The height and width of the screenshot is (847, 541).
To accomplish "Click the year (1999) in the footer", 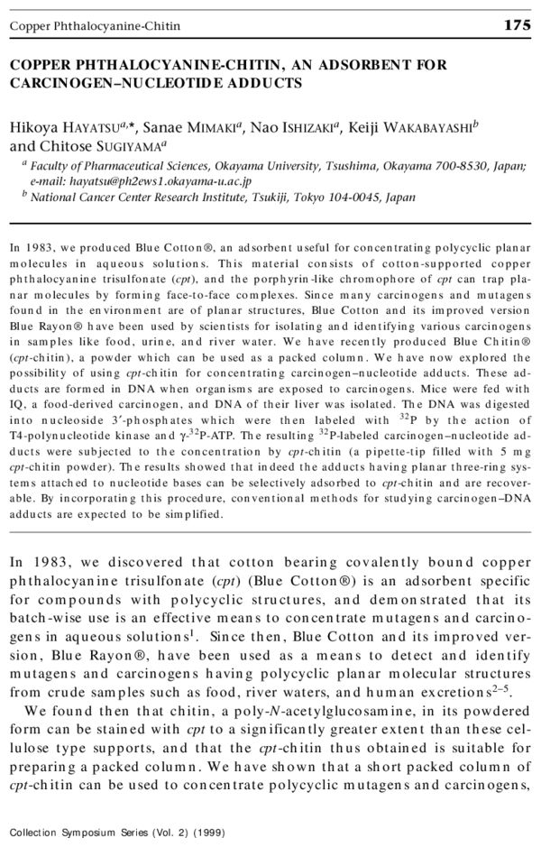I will coord(207,832).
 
